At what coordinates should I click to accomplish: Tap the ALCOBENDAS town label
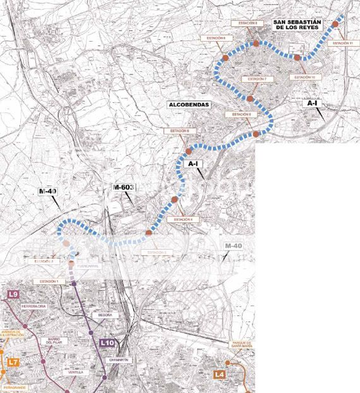coord(188,105)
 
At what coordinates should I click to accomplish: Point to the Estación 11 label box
coord(341,43)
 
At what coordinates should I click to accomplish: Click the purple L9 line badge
coord(13,295)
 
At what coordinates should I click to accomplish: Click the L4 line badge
coord(219,375)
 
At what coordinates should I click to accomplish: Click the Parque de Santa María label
coord(241,345)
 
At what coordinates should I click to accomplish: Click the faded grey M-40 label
coord(234,245)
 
